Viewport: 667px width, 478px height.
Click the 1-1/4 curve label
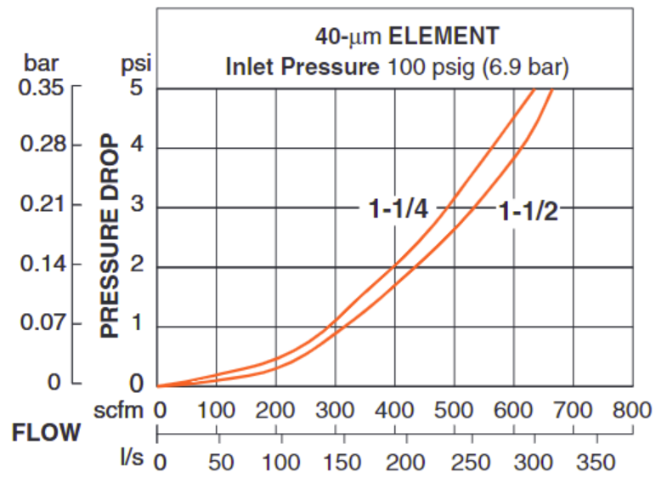pyautogui.click(x=398, y=208)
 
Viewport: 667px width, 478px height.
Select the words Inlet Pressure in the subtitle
pyautogui.click(x=302, y=66)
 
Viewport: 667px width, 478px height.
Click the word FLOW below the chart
pyautogui.click(x=47, y=433)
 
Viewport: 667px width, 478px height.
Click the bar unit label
pyautogui.click(x=41, y=64)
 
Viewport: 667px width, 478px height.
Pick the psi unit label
pyautogui.click(x=136, y=64)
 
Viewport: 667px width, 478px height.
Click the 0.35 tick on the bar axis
pyautogui.click(x=40, y=88)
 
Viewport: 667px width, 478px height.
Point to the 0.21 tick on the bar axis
pyautogui.click(x=40, y=206)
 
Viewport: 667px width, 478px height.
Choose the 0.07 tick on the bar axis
pyautogui.click(x=40, y=322)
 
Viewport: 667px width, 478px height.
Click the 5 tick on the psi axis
pyautogui.click(x=136, y=88)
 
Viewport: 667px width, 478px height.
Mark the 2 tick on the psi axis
pyautogui.click(x=136, y=265)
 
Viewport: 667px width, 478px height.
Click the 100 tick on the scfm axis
pyautogui.click(x=217, y=411)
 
